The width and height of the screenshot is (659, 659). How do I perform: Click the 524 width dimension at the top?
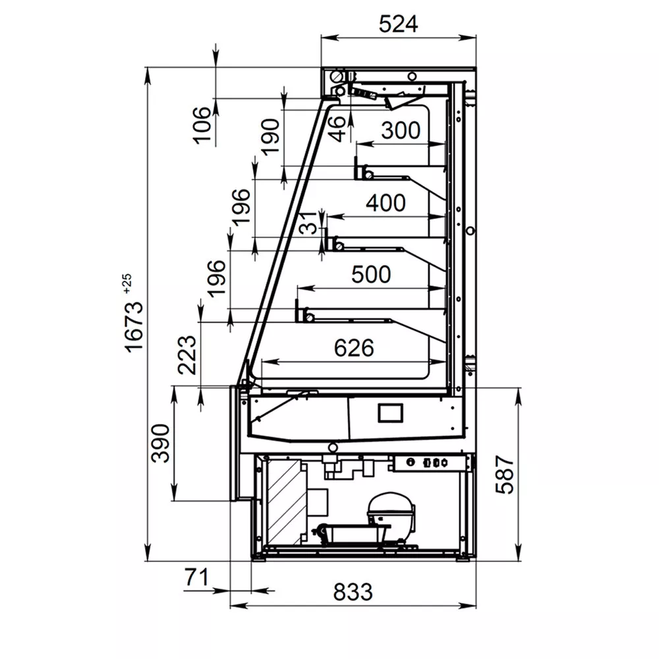pyautogui.click(x=398, y=24)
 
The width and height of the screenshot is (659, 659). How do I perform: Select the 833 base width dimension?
pyautogui.click(x=353, y=592)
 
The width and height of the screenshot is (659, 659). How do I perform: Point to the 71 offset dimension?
pyautogui.click(x=196, y=577)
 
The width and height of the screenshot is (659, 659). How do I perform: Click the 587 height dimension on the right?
pyautogui.click(x=505, y=474)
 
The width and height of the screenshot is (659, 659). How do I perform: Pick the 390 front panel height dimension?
pyautogui.click(x=160, y=444)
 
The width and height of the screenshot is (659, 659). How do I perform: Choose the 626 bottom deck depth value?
pyautogui.click(x=354, y=347)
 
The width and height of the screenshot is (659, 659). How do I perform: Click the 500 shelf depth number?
pyautogui.click(x=371, y=274)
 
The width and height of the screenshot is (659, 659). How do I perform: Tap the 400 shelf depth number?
pyautogui.click(x=386, y=202)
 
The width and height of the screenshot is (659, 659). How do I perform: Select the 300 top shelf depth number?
pyautogui.click(x=401, y=130)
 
